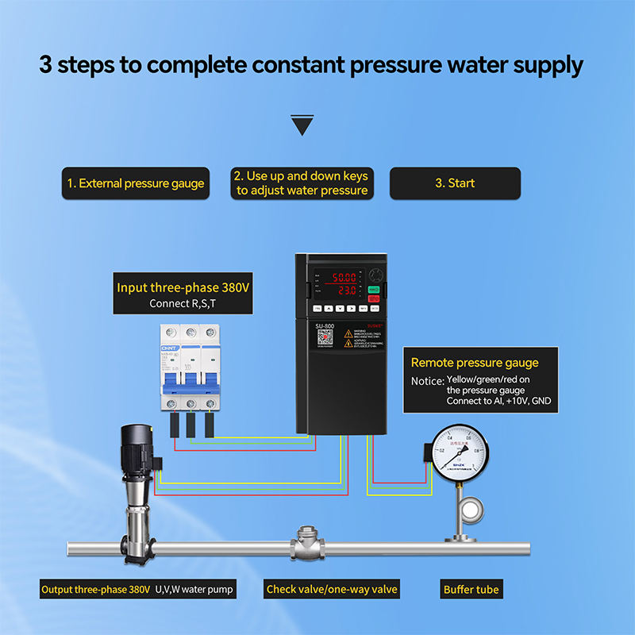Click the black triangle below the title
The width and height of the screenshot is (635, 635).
[x=302, y=125]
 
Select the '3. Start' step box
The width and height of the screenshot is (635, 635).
[x=455, y=183]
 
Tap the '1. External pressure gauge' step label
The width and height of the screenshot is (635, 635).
[x=135, y=183]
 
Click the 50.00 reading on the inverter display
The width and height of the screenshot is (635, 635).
[x=344, y=278]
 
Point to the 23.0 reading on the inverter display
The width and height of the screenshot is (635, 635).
[x=344, y=291]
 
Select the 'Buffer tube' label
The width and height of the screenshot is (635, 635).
[x=471, y=590]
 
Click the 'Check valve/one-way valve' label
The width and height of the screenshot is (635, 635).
[x=332, y=590]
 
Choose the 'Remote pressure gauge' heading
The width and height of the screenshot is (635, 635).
[x=475, y=363]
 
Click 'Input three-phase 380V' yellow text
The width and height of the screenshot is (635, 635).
[x=183, y=287]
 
